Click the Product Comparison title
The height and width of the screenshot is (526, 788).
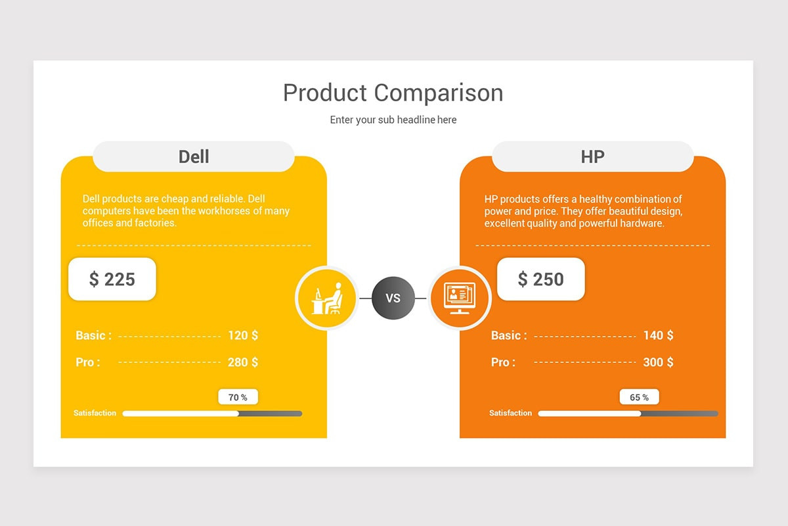[x=393, y=93]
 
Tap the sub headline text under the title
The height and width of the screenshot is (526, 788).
[x=393, y=120]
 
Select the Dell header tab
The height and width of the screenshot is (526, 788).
[x=194, y=156]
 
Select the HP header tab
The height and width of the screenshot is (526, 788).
[x=592, y=156]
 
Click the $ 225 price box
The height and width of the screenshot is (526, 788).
[x=112, y=279]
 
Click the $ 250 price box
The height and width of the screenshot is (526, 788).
[x=540, y=279]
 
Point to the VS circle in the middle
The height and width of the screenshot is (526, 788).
[x=393, y=299]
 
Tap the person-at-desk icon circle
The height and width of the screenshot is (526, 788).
[x=326, y=298]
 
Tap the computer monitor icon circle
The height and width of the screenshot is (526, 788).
[x=460, y=298]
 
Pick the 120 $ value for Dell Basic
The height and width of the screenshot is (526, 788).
[x=243, y=335]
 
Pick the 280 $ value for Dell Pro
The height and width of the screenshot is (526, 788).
[x=243, y=362]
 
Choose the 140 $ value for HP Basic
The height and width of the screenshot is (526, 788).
[x=658, y=335]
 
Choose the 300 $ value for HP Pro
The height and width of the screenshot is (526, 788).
[x=658, y=362]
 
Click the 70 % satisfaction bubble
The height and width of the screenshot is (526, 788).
[x=238, y=397]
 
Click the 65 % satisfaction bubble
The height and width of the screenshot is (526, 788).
[x=639, y=397]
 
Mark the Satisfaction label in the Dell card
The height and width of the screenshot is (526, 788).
[x=95, y=413]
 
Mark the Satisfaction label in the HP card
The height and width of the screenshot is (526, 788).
[x=510, y=413]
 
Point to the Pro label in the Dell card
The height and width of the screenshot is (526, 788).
[x=88, y=362]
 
